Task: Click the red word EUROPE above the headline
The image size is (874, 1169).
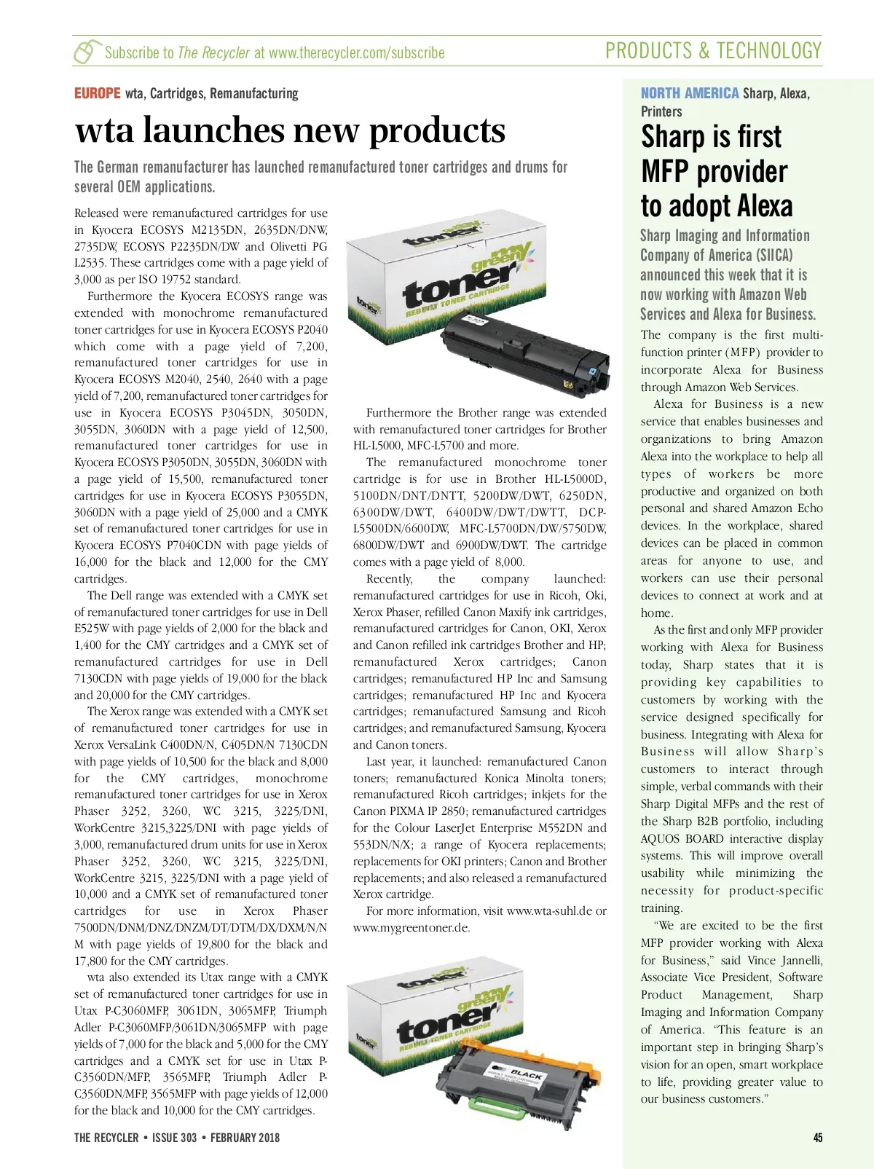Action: [x=97, y=93]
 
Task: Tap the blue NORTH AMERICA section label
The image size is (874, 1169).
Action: [x=689, y=93]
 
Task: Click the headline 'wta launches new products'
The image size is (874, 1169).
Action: [x=290, y=131]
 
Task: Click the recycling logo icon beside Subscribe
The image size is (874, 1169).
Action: [x=86, y=52]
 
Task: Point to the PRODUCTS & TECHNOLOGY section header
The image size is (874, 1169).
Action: [x=713, y=51]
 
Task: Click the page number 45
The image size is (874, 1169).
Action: [x=817, y=1138]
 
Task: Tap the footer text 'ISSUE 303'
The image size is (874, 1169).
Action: [x=174, y=1138]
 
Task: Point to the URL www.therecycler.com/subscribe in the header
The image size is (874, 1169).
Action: [x=356, y=53]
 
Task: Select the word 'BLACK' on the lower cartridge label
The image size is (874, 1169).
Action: [x=526, y=1075]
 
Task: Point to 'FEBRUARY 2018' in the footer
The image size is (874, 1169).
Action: [x=245, y=1138]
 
